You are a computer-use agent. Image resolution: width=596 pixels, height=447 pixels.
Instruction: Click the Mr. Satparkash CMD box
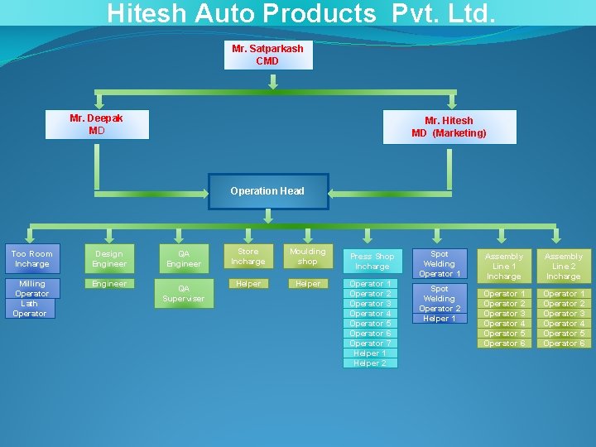click(x=268, y=55)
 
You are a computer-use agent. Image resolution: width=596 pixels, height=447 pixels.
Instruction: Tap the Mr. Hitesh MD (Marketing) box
click(x=449, y=127)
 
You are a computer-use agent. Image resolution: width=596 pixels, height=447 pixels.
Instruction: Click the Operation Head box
click(x=267, y=191)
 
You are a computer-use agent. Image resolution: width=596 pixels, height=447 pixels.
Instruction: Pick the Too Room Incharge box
click(x=31, y=259)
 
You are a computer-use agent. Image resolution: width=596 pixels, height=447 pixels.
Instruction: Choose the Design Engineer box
click(x=109, y=259)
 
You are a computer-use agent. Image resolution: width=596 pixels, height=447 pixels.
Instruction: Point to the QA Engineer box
click(x=184, y=259)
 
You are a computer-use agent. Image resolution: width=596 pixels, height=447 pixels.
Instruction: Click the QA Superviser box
click(x=184, y=294)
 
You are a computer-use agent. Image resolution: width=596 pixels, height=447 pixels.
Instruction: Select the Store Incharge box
click(x=248, y=257)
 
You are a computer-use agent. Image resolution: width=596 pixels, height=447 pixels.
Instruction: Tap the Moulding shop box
click(x=308, y=257)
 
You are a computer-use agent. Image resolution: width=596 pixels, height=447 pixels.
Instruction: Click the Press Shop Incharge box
click(x=372, y=262)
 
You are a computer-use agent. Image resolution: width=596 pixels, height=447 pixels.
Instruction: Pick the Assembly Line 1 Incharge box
click(x=504, y=267)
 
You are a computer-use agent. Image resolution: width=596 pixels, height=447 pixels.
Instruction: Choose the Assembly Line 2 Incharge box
click(x=564, y=267)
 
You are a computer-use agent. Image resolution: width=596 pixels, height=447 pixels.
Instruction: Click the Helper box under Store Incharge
click(x=248, y=284)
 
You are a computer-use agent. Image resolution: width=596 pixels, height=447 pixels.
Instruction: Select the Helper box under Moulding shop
click(x=308, y=284)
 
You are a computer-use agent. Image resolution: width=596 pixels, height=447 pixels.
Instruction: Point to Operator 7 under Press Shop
click(x=371, y=344)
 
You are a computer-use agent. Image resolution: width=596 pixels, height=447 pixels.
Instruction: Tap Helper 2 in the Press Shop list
click(x=371, y=363)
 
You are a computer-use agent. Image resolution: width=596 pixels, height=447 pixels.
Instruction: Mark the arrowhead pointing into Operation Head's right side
click(x=334, y=192)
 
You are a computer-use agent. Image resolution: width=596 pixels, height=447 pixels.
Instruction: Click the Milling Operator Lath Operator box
click(x=31, y=299)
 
